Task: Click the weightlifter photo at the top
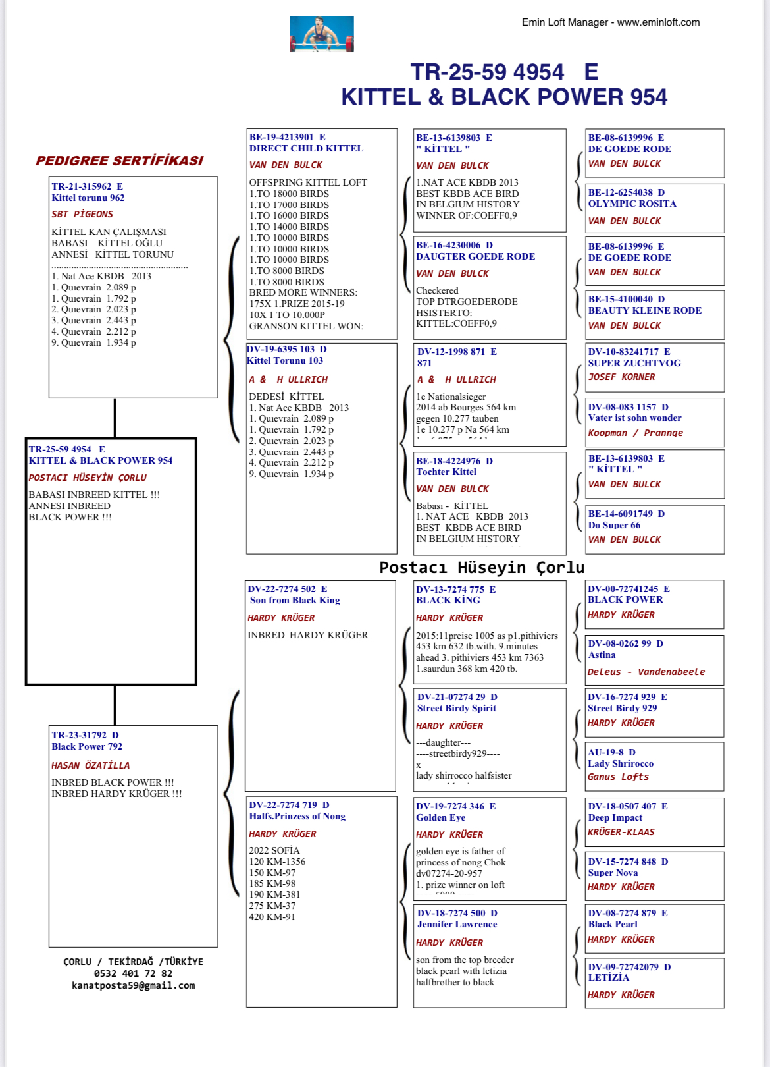click(x=322, y=34)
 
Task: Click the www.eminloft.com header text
click(x=658, y=22)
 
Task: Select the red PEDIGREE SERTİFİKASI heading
click(x=119, y=161)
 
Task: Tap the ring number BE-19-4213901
click(x=281, y=137)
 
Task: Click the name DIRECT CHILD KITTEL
click(x=306, y=148)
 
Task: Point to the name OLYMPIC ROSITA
click(x=632, y=204)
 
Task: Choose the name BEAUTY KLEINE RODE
click(x=644, y=310)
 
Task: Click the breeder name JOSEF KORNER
click(x=621, y=377)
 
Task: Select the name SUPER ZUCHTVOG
click(x=634, y=363)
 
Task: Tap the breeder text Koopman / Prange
click(x=635, y=433)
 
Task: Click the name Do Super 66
click(x=614, y=525)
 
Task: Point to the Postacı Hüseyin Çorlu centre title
click(x=482, y=567)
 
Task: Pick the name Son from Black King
click(x=295, y=600)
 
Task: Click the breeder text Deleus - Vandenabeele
click(x=646, y=672)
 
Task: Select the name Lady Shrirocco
click(x=621, y=763)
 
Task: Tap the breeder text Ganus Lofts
click(x=618, y=777)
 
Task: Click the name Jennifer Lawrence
click(x=457, y=924)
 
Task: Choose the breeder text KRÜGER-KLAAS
click(x=621, y=832)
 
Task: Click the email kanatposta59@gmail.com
click(x=133, y=985)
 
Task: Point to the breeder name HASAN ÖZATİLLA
click(x=90, y=765)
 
